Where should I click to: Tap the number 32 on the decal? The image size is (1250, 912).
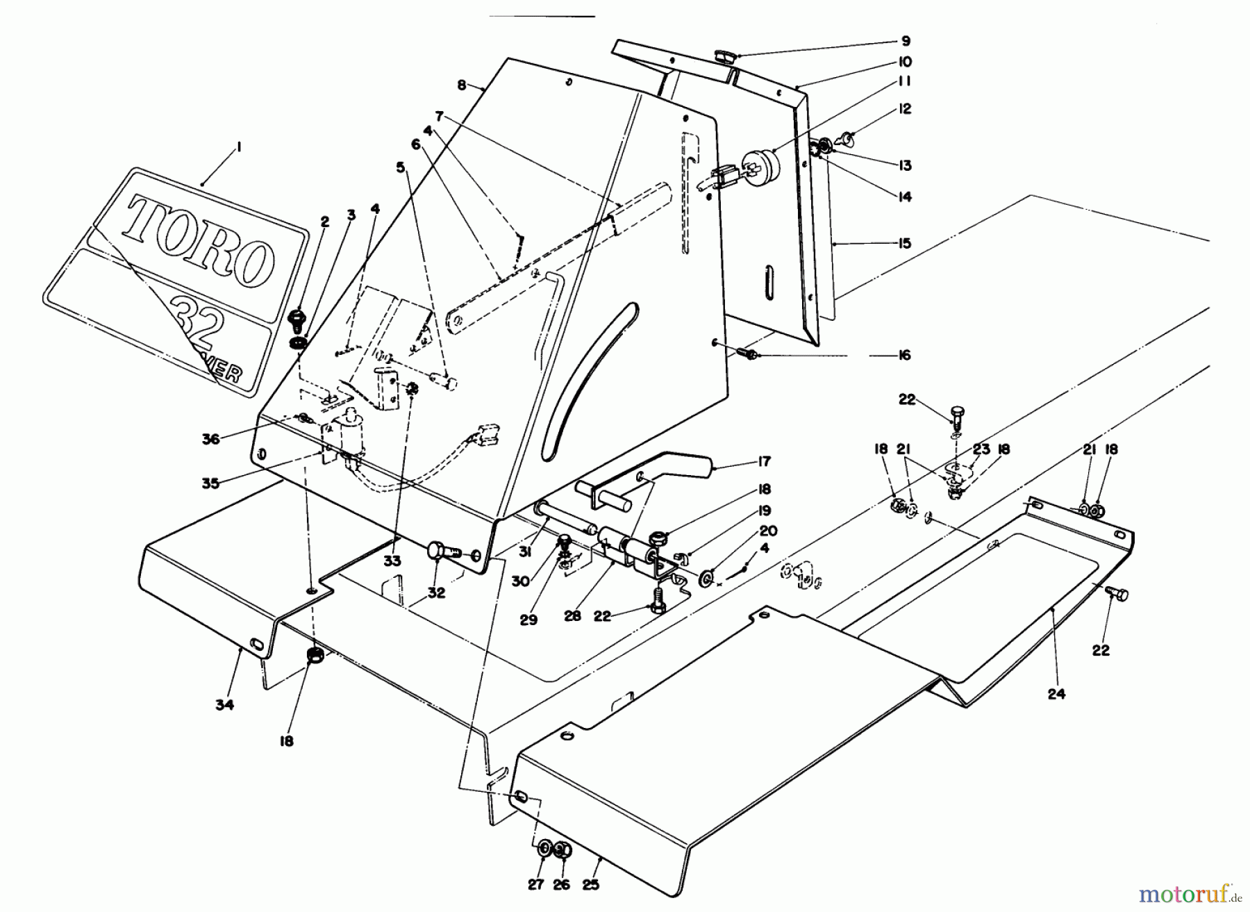pos(198,324)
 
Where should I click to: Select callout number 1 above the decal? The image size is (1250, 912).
pos(237,147)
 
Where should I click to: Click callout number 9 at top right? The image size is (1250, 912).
pos(905,41)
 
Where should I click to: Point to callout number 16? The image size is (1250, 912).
pos(903,355)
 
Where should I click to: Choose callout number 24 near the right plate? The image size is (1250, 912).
pos(1056,693)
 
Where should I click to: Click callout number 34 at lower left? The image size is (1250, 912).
pos(224,705)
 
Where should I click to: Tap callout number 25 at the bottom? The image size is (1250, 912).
pos(591,884)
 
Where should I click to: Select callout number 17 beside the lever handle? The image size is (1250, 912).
pos(765,461)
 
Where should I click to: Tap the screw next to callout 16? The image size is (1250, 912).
pos(749,354)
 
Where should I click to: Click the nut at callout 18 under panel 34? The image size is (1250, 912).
pos(315,654)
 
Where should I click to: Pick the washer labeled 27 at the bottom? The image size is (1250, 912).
pos(544,848)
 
